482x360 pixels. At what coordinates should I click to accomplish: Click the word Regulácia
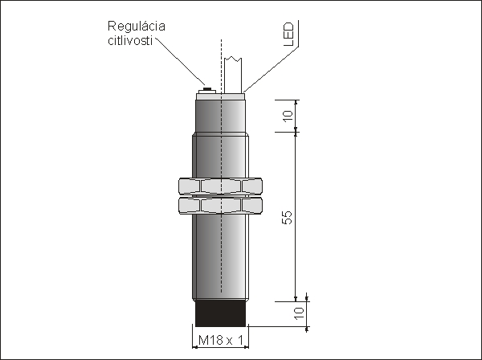click(x=137, y=27)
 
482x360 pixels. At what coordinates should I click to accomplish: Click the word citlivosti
click(x=130, y=41)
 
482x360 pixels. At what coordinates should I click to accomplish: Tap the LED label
click(x=288, y=34)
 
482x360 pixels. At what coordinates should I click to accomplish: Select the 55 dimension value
click(x=287, y=217)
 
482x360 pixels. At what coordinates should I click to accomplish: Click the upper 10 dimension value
click(x=288, y=116)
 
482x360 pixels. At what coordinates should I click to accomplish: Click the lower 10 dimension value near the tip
click(x=299, y=313)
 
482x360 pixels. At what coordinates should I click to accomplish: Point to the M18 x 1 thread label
click(x=221, y=340)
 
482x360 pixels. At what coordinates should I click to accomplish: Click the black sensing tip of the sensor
click(x=220, y=313)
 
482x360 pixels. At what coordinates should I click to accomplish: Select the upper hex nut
click(x=220, y=186)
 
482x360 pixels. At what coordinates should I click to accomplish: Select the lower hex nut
click(x=220, y=206)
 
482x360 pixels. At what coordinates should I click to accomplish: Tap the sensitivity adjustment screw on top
click(x=207, y=90)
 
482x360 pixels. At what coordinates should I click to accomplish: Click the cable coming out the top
click(x=233, y=75)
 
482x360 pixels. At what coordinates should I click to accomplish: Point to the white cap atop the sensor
click(x=220, y=96)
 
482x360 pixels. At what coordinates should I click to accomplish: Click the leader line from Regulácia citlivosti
click(x=181, y=62)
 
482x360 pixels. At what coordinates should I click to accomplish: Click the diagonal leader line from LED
click(x=271, y=69)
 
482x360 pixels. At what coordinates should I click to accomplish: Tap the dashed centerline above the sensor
click(x=221, y=66)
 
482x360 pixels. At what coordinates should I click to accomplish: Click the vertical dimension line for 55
click(x=296, y=217)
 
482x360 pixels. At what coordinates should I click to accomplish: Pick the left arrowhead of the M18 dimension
click(x=194, y=347)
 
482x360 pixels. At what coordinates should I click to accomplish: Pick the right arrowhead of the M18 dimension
click(x=247, y=347)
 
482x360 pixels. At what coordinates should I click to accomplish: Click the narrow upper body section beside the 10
click(x=220, y=117)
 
